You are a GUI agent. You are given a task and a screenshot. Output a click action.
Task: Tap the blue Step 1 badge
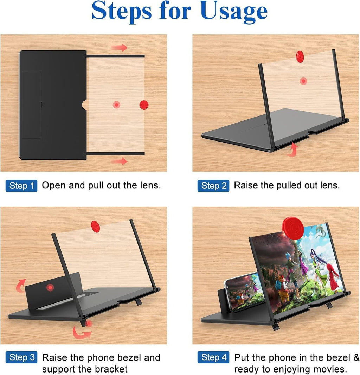pyautogui.click(x=21, y=186)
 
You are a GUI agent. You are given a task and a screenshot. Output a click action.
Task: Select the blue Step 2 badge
pyautogui.click(x=213, y=186)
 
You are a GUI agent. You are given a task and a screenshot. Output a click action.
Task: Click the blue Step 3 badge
pyautogui.click(x=21, y=358)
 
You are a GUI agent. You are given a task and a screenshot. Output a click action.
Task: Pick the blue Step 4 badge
pyautogui.click(x=213, y=358)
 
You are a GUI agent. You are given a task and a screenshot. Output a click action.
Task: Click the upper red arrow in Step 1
pyautogui.click(x=119, y=48)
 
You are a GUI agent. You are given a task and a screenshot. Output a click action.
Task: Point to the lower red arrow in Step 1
pyautogui.click(x=119, y=161)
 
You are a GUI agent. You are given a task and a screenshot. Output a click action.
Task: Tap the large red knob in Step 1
pyautogui.click(x=144, y=104)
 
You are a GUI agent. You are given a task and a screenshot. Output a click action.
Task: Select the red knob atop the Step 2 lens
pyautogui.click(x=300, y=56)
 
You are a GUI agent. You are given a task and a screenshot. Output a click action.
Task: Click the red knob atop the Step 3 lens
pyautogui.click(x=95, y=225)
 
